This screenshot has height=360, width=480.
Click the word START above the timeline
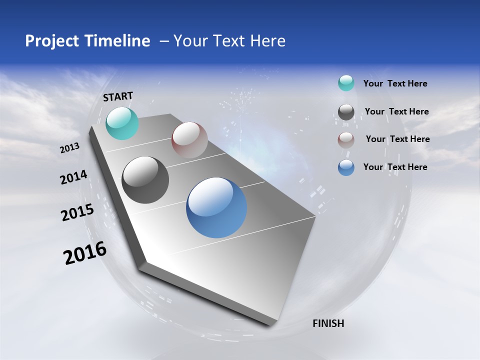118,96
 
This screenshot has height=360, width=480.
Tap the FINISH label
328,323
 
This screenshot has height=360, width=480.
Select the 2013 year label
69,148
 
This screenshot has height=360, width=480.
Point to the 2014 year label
73,177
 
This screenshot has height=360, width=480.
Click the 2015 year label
77,212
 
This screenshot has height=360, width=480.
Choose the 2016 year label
85,253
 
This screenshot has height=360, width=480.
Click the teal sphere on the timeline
122,123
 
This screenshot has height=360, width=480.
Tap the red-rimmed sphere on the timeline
189,140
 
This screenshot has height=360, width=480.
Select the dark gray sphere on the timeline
145,180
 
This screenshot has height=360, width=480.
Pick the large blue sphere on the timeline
216,207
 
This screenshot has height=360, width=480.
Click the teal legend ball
346,83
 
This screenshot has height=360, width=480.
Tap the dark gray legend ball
346,112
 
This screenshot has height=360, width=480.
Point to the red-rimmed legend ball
346,140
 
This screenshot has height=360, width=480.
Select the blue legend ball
346,168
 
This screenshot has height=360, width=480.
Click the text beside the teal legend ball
395,83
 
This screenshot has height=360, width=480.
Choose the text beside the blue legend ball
395,167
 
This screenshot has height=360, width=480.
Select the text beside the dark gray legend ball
396,111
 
